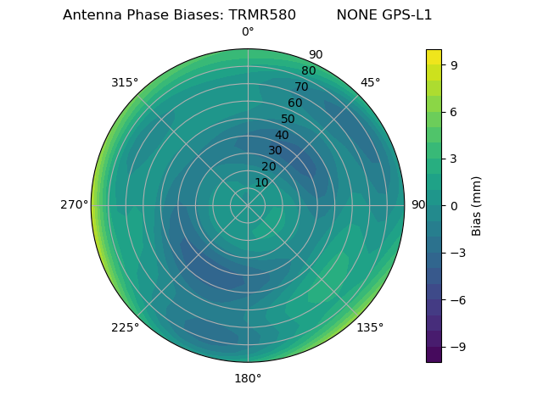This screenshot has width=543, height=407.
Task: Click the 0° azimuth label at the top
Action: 248,32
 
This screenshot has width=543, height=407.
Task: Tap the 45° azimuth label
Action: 371,82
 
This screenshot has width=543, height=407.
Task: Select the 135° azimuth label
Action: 370,327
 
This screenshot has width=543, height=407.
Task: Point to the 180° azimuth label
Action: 248,378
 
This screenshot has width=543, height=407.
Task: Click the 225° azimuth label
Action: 125,327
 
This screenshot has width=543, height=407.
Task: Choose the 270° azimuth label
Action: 74,205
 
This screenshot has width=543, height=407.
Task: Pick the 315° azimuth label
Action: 125,82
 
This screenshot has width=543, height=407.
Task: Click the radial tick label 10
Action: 261,182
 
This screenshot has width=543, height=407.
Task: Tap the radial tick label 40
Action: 282,135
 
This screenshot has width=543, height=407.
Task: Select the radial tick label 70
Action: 301,86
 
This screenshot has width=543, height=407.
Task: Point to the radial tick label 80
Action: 308,70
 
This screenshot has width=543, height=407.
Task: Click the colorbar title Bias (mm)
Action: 477,205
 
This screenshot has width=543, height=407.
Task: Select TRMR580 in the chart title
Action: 262,15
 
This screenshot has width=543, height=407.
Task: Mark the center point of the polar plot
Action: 248,205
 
